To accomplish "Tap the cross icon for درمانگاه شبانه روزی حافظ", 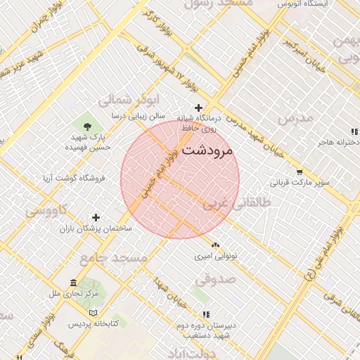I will pos(199,108).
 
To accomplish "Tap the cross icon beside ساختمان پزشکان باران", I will pos(96,217).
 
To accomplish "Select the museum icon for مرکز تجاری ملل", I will pos(74,282).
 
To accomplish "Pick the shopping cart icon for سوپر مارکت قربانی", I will pos(300,172).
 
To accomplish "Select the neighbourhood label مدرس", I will pos(295,119).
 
